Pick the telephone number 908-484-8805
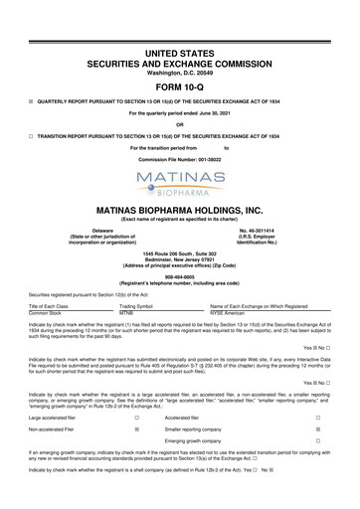click(180, 279)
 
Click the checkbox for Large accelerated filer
click(135, 419)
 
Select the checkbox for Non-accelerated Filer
click(135, 433)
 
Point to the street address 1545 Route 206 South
click(180, 254)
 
